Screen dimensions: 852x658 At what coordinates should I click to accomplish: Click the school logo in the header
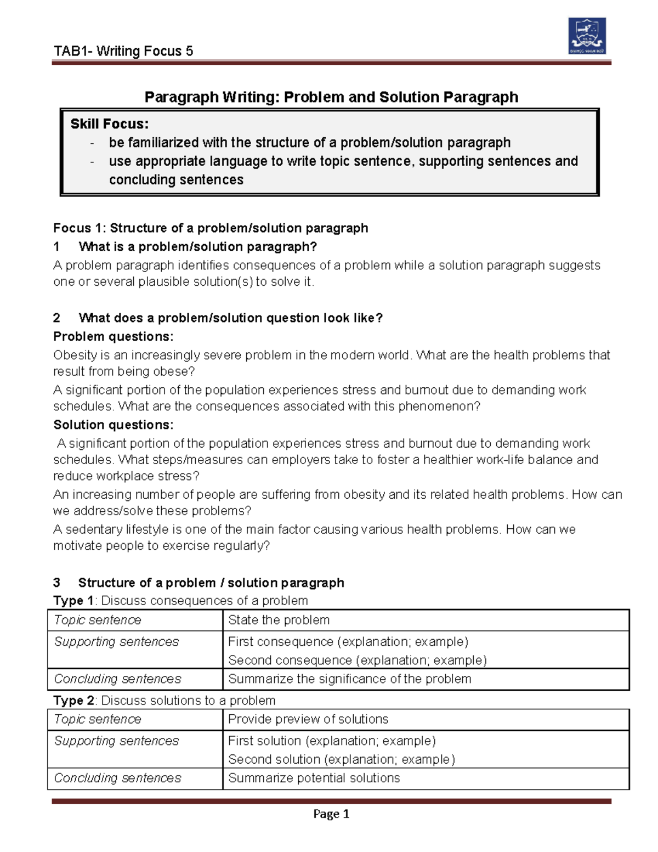(587, 36)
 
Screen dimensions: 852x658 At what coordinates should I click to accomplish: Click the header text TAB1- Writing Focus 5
(123, 52)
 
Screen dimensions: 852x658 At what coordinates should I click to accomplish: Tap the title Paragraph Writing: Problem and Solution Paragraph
(331, 98)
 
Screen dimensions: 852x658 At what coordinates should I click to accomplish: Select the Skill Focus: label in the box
(109, 124)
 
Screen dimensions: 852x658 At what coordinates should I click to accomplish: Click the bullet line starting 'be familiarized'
(309, 143)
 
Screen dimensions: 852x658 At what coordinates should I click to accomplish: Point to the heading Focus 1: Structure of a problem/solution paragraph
(211, 228)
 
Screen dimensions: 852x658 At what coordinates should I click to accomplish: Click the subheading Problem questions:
(113, 336)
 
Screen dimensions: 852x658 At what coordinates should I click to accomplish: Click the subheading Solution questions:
(113, 425)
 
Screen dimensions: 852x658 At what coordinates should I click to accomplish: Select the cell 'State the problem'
(279, 620)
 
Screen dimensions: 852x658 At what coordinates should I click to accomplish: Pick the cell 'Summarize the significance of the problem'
(349, 679)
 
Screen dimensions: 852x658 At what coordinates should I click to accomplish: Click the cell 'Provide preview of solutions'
(308, 719)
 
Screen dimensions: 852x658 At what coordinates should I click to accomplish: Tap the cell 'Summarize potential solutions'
(314, 778)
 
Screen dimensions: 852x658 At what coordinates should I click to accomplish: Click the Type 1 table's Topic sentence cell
(98, 620)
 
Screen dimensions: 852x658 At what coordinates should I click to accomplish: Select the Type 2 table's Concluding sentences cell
(117, 778)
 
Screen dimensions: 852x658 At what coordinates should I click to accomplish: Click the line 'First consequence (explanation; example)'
(348, 641)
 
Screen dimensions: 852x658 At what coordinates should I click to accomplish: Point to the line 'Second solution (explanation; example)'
(341, 759)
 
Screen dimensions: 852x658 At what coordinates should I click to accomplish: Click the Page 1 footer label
(331, 814)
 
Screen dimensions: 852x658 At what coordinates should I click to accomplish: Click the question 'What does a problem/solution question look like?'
(230, 318)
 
